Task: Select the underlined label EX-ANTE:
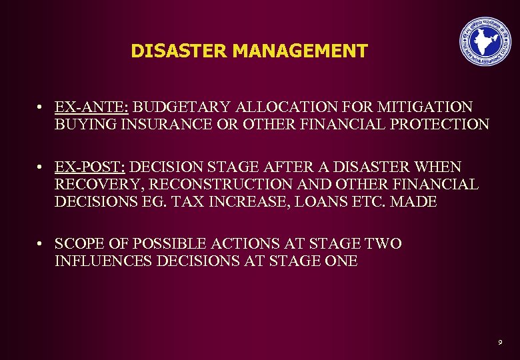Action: pos(94,107)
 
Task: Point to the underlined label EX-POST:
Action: pos(93,166)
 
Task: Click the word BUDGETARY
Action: pos(184,107)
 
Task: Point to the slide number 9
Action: pos(499,343)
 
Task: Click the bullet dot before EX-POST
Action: pos(41,167)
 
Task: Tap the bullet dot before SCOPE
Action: pos(41,244)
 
